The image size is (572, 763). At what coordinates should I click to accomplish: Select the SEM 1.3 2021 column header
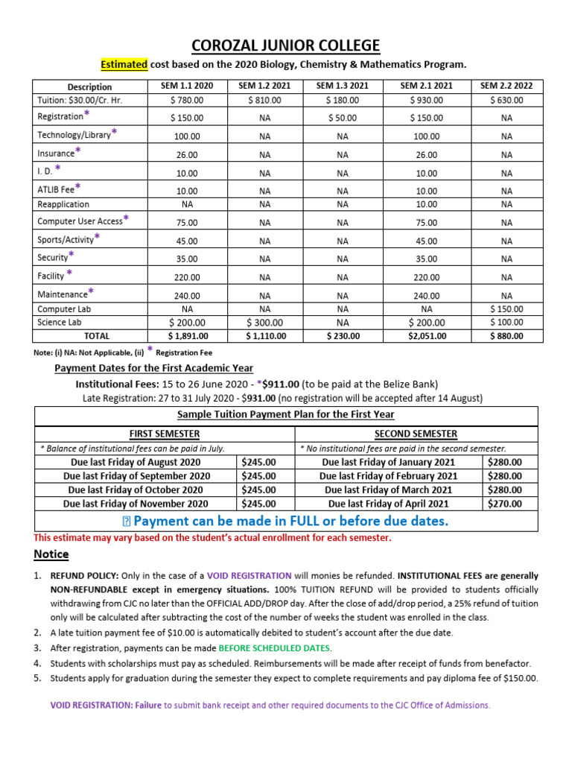coord(342,86)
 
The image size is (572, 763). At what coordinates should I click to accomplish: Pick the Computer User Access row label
coord(80,221)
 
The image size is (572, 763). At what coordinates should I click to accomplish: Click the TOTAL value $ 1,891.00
coord(187,336)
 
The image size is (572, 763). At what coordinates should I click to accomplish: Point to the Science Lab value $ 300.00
coord(264,323)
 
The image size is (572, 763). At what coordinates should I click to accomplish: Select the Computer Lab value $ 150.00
coord(506,308)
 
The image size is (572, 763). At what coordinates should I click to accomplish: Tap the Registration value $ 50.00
coord(342,118)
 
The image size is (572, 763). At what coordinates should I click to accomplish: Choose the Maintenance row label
coord(63,294)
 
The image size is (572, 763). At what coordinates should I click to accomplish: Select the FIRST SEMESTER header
coord(164,434)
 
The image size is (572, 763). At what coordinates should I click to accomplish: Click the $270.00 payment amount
coord(504,504)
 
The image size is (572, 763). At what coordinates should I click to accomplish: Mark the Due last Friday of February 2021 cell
coord(388,475)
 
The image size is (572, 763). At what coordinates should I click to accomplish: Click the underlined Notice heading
coord(51,554)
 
